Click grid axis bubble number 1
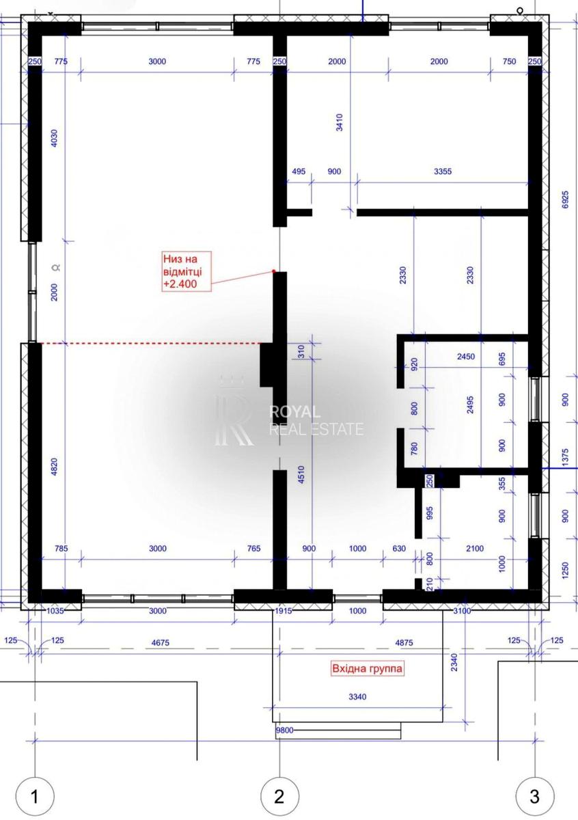35,796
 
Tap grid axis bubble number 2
279,796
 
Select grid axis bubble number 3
535,796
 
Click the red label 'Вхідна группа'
367,668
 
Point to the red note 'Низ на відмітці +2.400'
187,271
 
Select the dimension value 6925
566,200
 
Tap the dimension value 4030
54,138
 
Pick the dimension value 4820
54,467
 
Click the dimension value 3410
340,122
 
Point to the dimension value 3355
443,172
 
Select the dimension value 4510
301,475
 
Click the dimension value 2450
466,356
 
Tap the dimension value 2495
470,405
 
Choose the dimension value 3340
357,696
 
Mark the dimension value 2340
454,662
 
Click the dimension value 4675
161,642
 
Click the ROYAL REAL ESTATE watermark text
316,420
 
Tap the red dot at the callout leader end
273,271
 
